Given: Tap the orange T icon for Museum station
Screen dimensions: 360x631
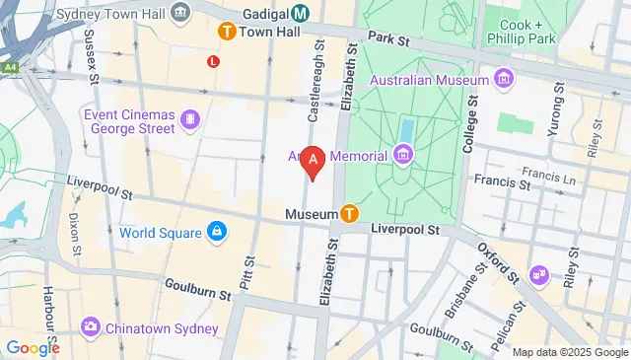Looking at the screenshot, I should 349,213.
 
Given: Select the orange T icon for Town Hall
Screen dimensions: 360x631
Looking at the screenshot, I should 227,32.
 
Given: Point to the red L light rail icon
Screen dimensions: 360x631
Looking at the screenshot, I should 212,61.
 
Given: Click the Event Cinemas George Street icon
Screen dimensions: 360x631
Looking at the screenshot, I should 189,120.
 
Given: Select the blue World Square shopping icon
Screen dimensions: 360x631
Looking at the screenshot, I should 215,233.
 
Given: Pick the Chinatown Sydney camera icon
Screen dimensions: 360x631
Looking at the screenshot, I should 90,325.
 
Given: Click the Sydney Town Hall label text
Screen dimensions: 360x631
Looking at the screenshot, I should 109,13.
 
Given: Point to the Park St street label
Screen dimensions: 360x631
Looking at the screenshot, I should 388,38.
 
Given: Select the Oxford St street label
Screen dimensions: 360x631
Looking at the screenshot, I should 498,260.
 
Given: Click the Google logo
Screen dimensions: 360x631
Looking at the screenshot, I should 33,347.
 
